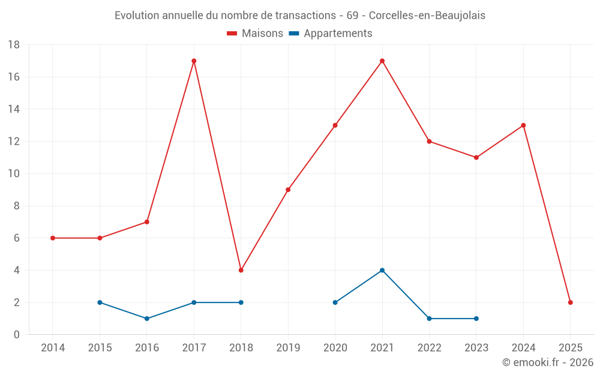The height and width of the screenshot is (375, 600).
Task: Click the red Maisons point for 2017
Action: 194,61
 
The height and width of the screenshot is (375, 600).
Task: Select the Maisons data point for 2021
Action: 382,61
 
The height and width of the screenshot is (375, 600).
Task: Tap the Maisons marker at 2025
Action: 571,302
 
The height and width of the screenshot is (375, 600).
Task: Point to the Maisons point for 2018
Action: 241,270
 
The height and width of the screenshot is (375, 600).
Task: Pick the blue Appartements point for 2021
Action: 382,270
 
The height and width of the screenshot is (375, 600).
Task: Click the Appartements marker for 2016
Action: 147,319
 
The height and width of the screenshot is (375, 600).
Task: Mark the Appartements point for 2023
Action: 476,319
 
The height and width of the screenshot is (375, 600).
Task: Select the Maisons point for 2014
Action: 53,238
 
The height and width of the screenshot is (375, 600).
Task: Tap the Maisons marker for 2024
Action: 523,125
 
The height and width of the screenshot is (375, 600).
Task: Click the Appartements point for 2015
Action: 100,302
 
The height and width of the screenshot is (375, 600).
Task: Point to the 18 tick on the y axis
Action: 14,45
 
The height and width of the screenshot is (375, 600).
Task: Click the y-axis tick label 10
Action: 14,174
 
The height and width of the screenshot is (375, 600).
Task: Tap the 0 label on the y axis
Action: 17,335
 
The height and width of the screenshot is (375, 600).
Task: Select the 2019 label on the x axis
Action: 288,348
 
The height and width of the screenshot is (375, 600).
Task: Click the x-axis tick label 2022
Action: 429,348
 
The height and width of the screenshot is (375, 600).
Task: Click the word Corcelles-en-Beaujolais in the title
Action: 427,16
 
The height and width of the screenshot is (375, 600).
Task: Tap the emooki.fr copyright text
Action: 548,362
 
